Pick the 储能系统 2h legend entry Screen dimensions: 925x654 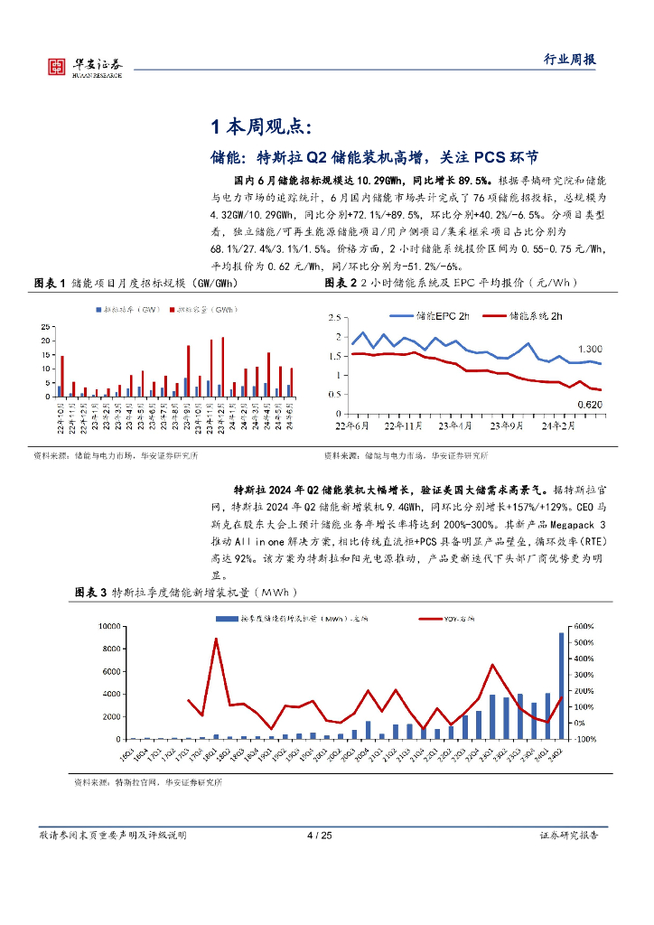pos(523,316)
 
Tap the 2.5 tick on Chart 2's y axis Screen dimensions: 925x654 pos(334,318)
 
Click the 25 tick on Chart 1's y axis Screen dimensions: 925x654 pos(46,327)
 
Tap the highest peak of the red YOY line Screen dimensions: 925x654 pos(216,640)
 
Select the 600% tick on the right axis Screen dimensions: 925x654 pos(583,625)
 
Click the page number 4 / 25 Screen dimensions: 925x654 pos(320,836)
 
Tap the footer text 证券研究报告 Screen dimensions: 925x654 pos(568,836)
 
